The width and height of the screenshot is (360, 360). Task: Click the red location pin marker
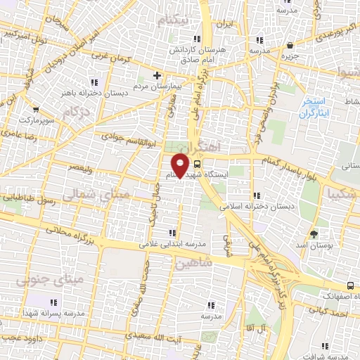pyautogui.click(x=181, y=166)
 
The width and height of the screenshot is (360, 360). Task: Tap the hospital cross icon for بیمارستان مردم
pyautogui.click(x=157, y=75)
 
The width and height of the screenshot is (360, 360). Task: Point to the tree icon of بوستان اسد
pyautogui.click(x=314, y=234)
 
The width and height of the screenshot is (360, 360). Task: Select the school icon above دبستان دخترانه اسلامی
pyautogui.click(x=258, y=195)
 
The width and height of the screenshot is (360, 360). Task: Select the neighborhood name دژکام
pyautogui.click(x=76, y=111)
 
